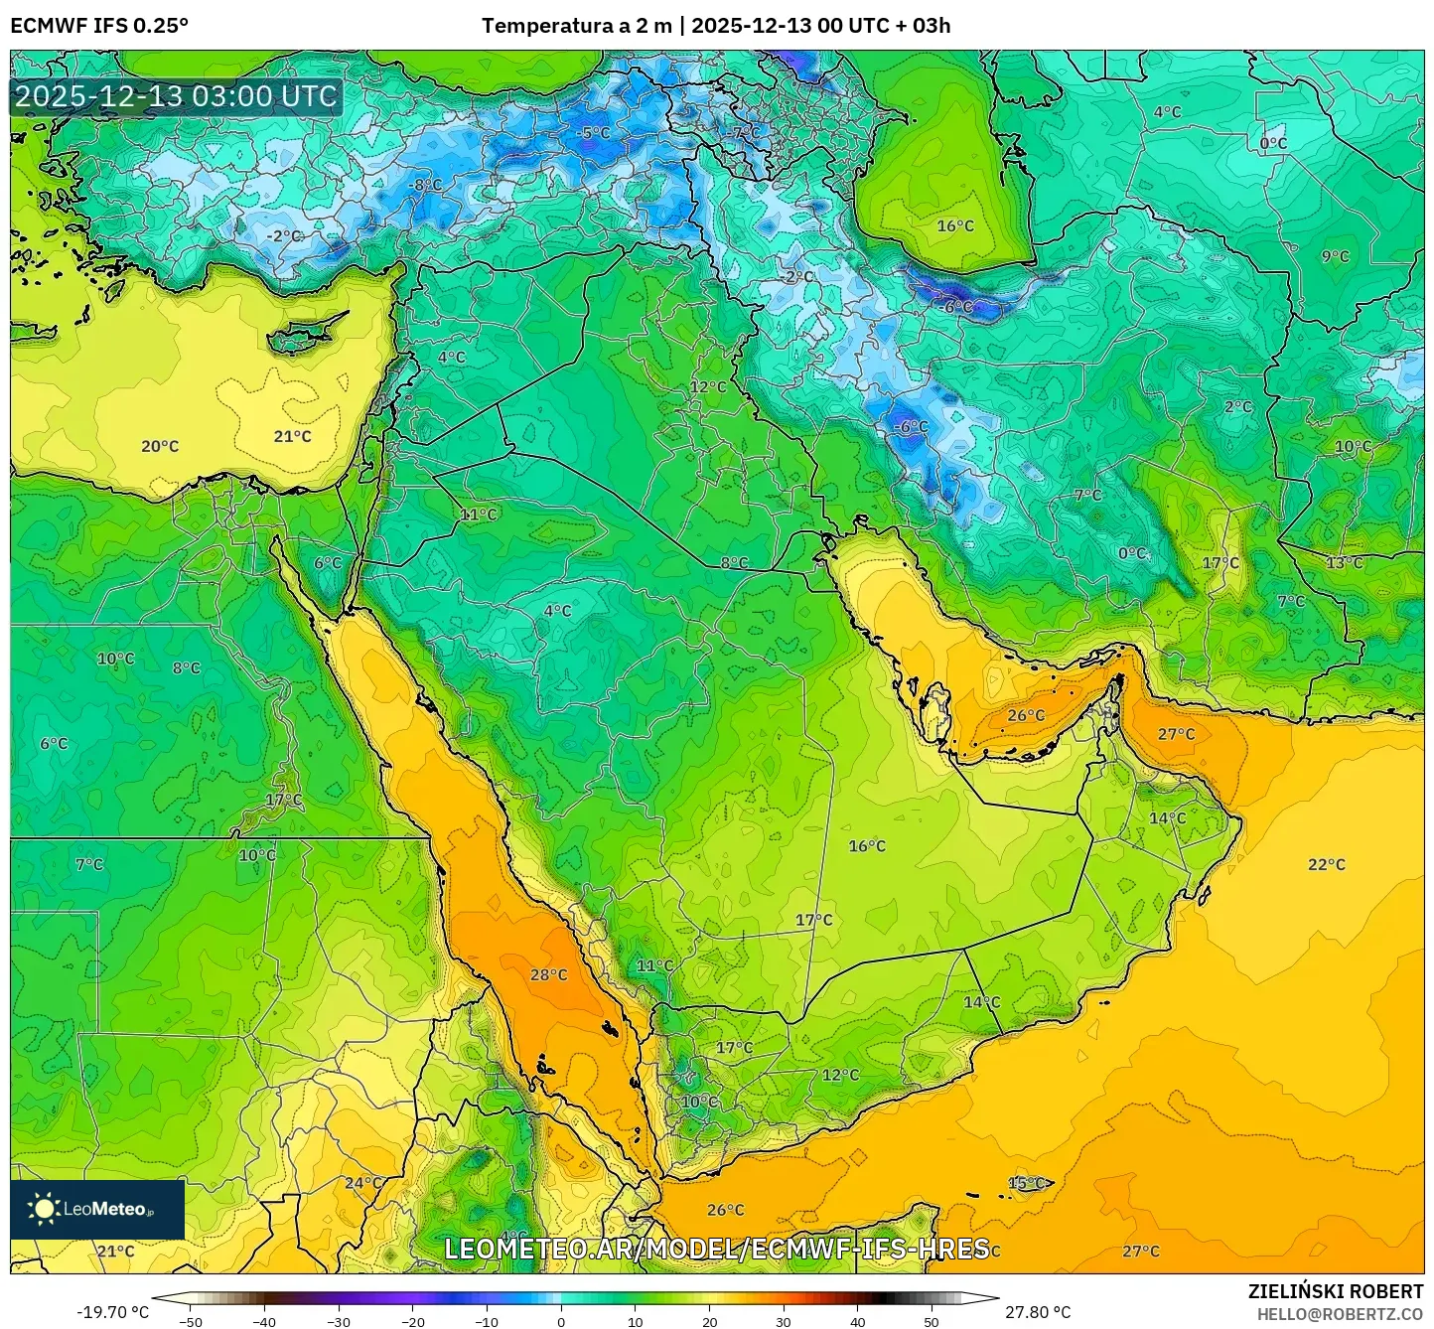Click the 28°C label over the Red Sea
click(548, 975)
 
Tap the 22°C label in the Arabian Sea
click(1326, 865)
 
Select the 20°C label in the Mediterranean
click(160, 447)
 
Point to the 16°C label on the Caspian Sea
click(955, 226)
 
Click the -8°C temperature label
click(426, 186)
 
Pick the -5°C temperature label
click(594, 133)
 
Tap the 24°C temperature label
click(363, 1183)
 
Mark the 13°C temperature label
click(1345, 563)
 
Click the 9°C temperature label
click(1335, 257)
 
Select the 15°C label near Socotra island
click(1027, 1184)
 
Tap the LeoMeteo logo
click(97, 1209)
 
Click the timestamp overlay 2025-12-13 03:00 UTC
click(177, 97)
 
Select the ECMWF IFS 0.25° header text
click(99, 26)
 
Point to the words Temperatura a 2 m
click(576, 26)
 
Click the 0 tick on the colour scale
click(561, 1322)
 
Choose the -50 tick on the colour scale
click(190, 1322)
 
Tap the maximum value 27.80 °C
click(1037, 1312)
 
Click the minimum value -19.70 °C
click(113, 1312)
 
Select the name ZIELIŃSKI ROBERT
click(1335, 1291)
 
